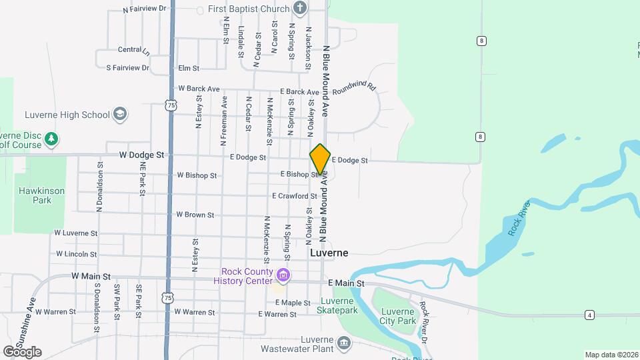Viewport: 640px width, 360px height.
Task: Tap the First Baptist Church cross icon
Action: tap(301, 9)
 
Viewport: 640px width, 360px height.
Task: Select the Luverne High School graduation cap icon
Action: tap(120, 114)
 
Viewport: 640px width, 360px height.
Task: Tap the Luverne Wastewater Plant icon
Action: tap(344, 343)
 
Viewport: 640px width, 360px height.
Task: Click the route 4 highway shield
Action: tap(589, 315)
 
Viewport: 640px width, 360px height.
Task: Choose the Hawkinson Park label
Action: tap(41, 195)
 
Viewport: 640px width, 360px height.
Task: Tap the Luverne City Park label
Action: tap(397, 316)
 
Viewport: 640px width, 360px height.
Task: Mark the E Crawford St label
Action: tap(294, 196)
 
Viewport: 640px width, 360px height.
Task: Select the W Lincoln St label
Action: tap(77, 254)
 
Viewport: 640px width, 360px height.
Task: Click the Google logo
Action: tap(22, 352)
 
